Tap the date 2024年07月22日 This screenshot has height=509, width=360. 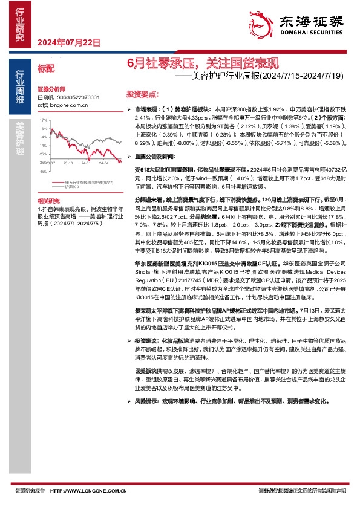pyautogui.click(x=68, y=42)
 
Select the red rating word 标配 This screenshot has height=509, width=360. pyautogui.click(x=45, y=70)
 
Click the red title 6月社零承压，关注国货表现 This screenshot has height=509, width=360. pyautogui.click(x=203, y=63)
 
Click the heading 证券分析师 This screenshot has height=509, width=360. pyautogui.click(x=50, y=88)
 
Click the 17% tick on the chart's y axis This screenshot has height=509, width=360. pyautogui.click(x=44, y=120)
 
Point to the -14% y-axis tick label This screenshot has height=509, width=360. pyautogui.click(x=43, y=146)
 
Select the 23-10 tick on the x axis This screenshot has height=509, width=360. pyautogui.click(x=67, y=163)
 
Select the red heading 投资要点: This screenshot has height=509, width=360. pyautogui.click(x=143, y=95)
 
